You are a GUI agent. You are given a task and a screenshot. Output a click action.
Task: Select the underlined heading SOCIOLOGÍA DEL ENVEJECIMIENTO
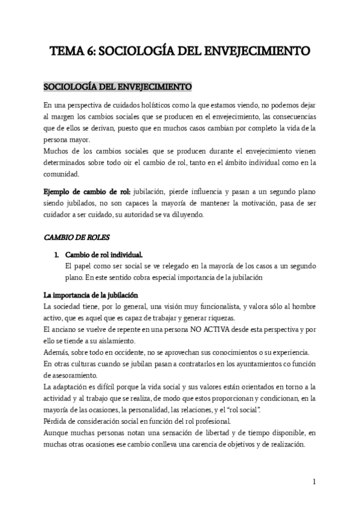pyautogui.click(x=118, y=86)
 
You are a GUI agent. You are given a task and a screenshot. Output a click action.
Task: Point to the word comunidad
pyautogui.click(x=62, y=173)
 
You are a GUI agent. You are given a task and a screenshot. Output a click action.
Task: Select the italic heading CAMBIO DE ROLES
pyautogui.click(x=73, y=236)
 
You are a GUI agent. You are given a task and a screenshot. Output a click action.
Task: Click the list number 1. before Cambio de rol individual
pyautogui.click(x=57, y=254)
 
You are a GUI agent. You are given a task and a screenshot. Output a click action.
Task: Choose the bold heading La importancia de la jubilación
pyautogui.click(x=91, y=295)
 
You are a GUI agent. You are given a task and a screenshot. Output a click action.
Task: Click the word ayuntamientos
pyautogui.click(x=245, y=364)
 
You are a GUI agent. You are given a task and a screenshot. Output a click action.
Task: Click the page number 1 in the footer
pyautogui.click(x=314, y=481)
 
